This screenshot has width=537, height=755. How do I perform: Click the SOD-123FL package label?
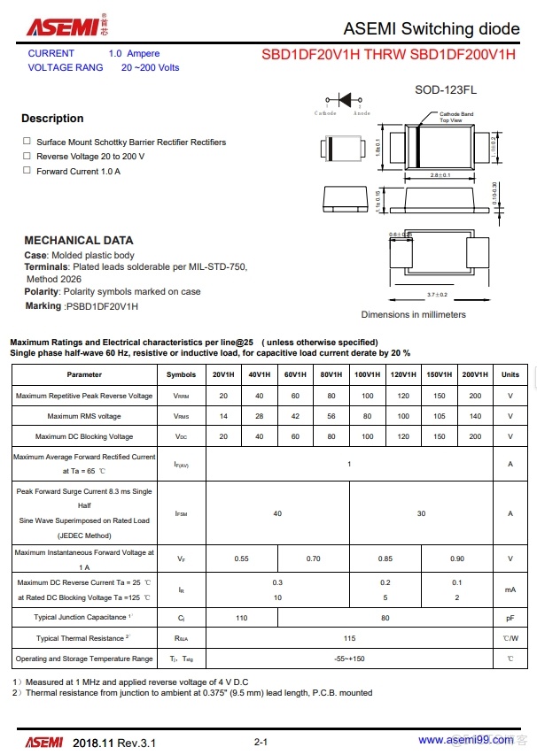click(447, 90)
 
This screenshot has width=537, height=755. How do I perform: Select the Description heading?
click(52, 119)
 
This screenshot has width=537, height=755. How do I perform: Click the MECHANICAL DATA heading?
click(79, 240)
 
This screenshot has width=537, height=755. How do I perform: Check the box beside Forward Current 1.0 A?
click(27, 171)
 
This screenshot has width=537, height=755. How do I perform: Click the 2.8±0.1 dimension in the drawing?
click(440, 175)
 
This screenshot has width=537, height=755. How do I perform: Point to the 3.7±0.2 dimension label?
click(437, 295)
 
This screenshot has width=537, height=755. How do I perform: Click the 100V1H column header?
click(367, 374)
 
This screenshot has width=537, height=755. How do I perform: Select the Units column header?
click(510, 374)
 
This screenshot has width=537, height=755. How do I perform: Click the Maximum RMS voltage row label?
click(84, 416)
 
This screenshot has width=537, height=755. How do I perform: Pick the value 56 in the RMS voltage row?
click(331, 416)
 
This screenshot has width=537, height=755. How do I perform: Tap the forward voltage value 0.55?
click(241, 559)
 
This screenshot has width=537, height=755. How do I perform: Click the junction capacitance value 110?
click(241, 618)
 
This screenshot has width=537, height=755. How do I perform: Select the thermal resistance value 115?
click(349, 638)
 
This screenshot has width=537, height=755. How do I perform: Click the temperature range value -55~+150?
click(349, 659)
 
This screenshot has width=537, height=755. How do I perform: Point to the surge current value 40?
click(277, 513)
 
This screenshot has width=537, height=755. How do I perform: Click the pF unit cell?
click(510, 618)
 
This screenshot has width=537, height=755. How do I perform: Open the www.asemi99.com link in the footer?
click(454, 740)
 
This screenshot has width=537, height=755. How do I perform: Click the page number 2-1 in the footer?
click(261, 741)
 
